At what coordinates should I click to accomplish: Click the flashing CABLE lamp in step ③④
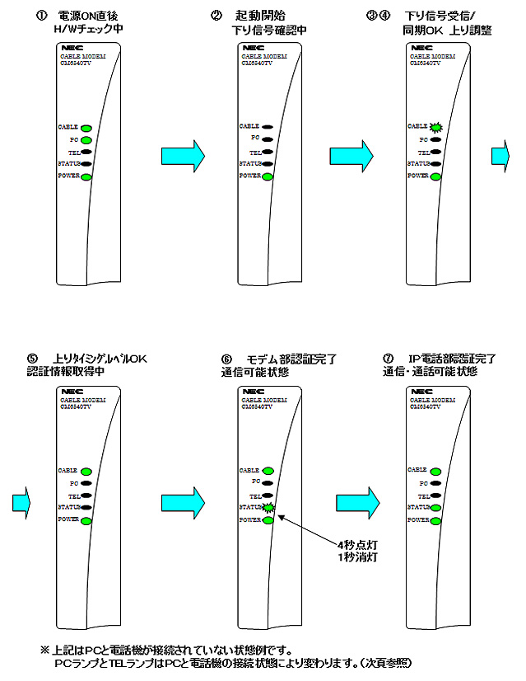click(x=436, y=127)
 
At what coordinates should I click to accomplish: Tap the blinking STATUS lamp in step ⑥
click(x=268, y=507)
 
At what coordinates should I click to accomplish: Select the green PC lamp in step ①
click(x=86, y=140)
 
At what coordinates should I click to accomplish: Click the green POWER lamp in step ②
click(x=268, y=176)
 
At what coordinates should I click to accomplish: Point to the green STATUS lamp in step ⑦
click(x=435, y=508)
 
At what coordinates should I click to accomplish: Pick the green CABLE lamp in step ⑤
click(x=86, y=470)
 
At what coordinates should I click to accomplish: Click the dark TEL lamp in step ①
click(x=86, y=153)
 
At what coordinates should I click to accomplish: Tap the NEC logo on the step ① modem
click(x=69, y=49)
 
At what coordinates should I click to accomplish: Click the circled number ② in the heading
click(x=216, y=16)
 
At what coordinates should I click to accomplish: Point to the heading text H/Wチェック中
click(x=87, y=30)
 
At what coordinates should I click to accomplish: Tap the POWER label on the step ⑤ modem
click(x=67, y=520)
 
